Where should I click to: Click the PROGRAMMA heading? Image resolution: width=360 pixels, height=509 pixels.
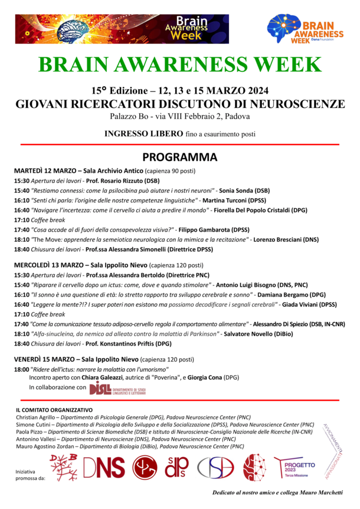tap(180, 157)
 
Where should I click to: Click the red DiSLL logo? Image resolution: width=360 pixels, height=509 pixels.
tap(118, 388)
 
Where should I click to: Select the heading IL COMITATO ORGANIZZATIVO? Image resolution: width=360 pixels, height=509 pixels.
tap(54, 409)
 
